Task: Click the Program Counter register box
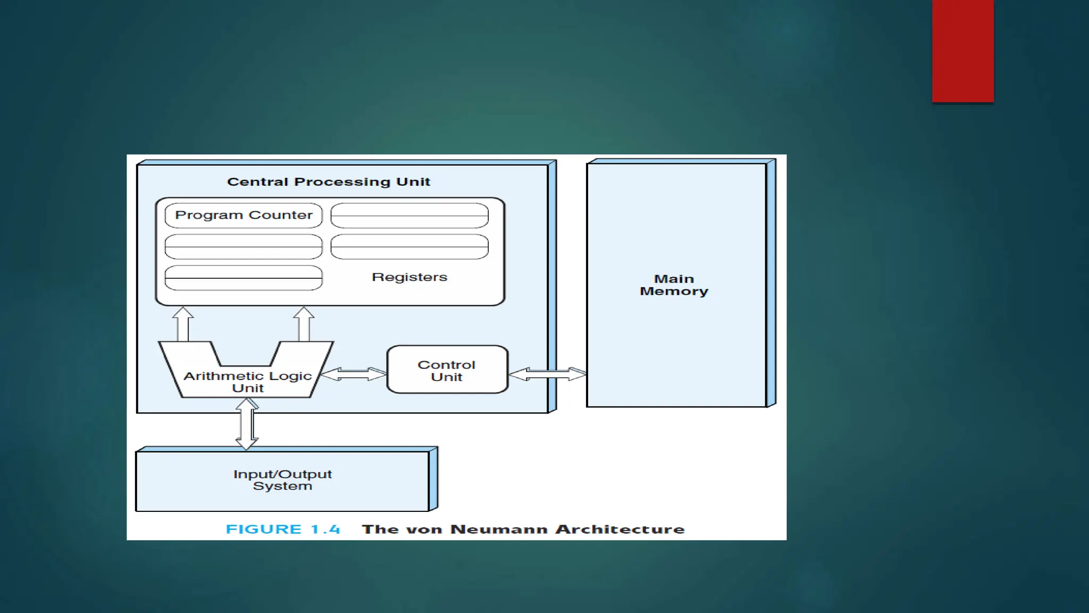[x=244, y=215]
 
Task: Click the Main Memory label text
[x=674, y=285]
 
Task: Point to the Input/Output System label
[x=282, y=479]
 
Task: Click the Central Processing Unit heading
[x=328, y=182]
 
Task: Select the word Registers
[x=409, y=277]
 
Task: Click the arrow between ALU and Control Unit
[x=354, y=374]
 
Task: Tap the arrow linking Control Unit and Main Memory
[x=547, y=374]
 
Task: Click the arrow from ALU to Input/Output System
[x=247, y=424]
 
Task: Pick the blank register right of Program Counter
[x=409, y=215]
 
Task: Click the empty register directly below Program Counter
[x=244, y=246]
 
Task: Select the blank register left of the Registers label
[x=244, y=278]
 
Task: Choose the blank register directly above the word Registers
[x=409, y=246]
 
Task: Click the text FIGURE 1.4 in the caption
[x=282, y=529]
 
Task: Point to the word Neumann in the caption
[x=499, y=529]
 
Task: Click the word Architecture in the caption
[x=620, y=529]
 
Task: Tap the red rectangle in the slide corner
[x=962, y=51]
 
